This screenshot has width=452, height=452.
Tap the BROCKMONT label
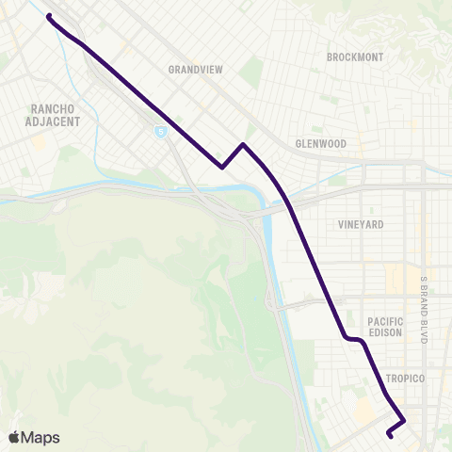[x=355, y=57]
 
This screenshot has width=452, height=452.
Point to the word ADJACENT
[x=55, y=121]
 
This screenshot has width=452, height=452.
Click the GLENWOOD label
[x=321, y=143]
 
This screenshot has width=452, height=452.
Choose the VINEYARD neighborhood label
[x=360, y=225]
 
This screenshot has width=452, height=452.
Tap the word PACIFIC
[x=385, y=321]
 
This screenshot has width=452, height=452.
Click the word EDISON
[x=385, y=333]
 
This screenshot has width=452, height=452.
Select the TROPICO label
[x=406, y=378]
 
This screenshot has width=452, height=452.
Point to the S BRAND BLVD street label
[x=424, y=308]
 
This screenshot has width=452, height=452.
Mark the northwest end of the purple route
[x=49, y=17]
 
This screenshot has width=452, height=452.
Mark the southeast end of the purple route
[x=389, y=434]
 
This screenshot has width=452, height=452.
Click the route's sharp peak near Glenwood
[x=243, y=144]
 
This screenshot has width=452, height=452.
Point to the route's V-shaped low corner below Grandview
[x=222, y=168]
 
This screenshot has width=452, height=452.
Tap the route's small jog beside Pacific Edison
[x=354, y=339]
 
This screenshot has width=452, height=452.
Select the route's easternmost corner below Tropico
[x=405, y=420]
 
